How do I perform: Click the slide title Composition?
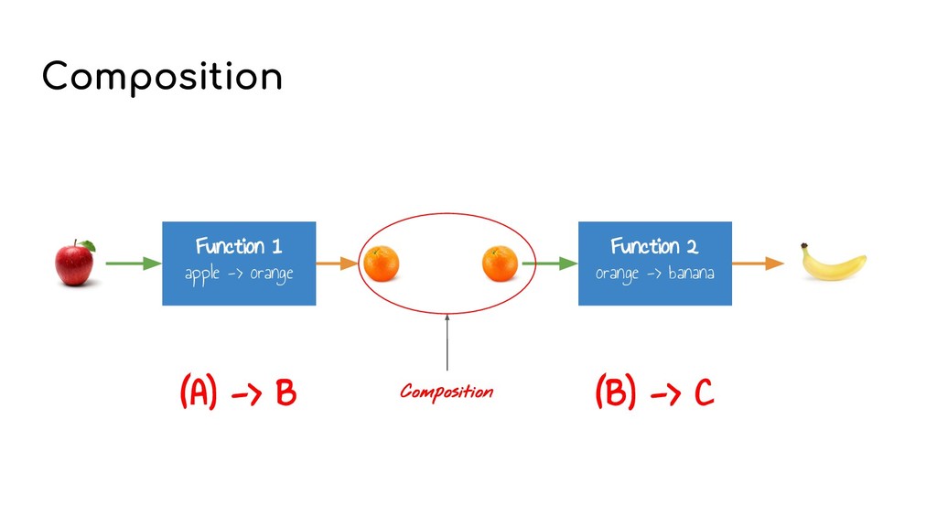pos(162,77)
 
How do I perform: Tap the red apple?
pos(74,264)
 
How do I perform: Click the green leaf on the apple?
pos(87,245)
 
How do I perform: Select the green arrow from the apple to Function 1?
pos(132,263)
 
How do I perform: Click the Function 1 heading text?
pos(238,246)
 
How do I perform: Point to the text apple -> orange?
pos(238,274)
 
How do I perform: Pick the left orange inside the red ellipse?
pos(382,263)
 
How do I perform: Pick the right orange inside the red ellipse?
pos(500,263)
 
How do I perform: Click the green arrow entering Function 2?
pos(549,263)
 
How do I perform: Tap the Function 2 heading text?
pos(654,246)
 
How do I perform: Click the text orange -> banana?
pos(654,274)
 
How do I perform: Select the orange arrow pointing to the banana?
pos(759,263)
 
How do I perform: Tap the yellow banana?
pos(835,265)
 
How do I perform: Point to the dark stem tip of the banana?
pos(804,245)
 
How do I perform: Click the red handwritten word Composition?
pos(447,393)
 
